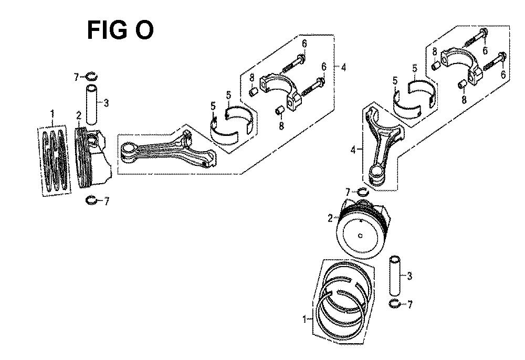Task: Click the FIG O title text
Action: point(120,30)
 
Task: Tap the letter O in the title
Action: point(144,30)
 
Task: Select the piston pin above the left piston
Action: point(92,105)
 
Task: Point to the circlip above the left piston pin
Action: point(91,77)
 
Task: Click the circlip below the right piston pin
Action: point(395,304)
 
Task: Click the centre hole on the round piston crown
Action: point(360,236)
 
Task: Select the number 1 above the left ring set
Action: point(52,114)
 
